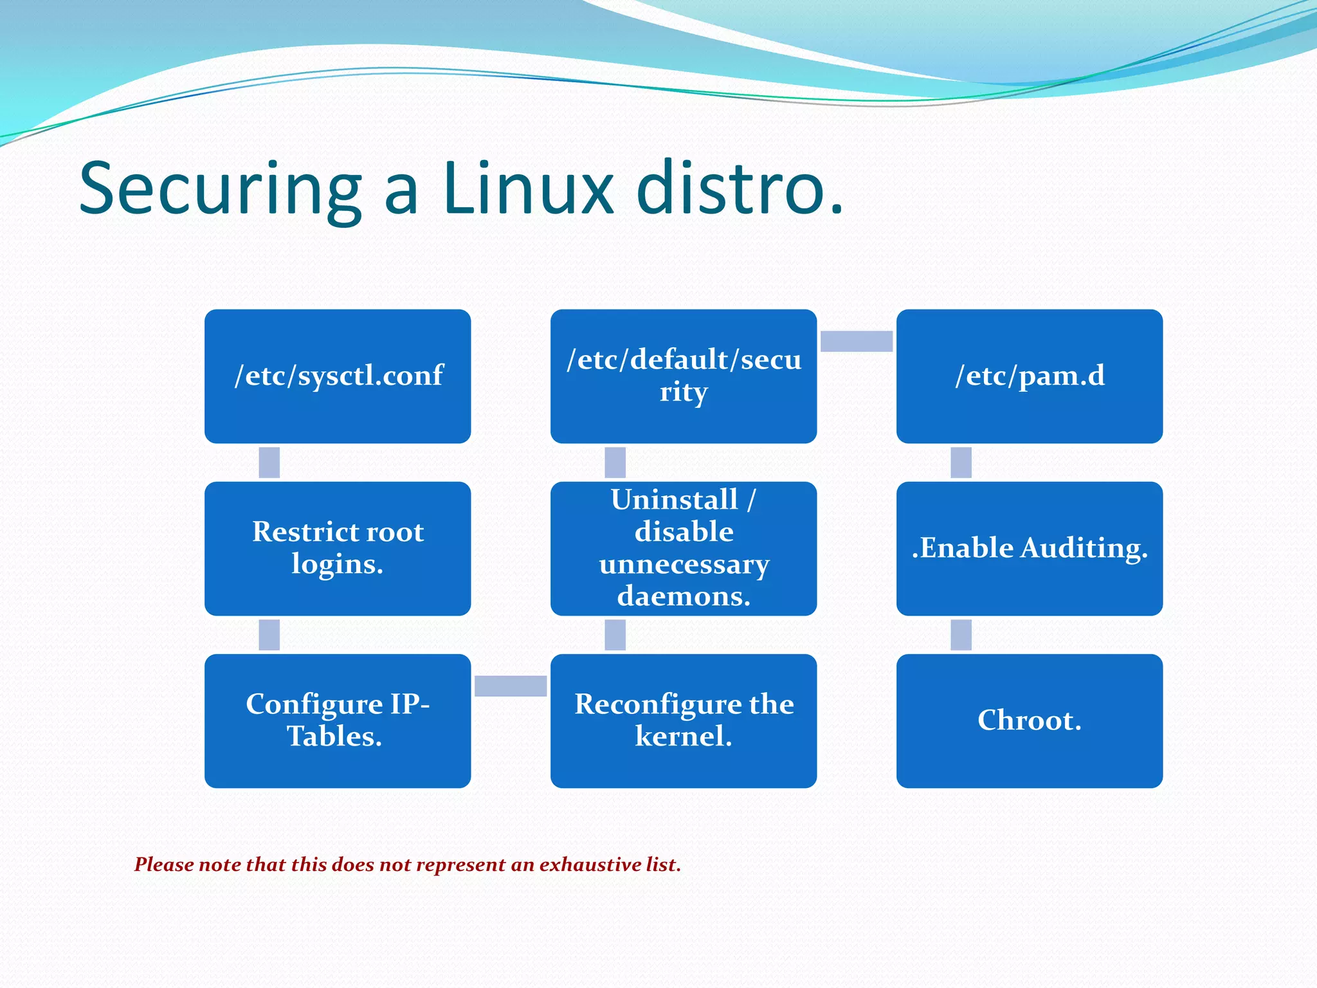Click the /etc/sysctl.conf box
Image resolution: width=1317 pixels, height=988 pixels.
click(x=338, y=376)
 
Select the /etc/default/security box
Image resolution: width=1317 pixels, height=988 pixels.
click(x=684, y=376)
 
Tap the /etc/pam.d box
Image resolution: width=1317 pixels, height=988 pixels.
click(x=1030, y=376)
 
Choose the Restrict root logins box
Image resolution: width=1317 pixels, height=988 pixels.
click(x=338, y=549)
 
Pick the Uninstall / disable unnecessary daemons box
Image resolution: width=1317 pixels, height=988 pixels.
click(x=684, y=549)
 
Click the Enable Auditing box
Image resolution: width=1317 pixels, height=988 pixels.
click(x=1030, y=549)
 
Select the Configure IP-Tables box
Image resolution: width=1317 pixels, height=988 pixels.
click(x=338, y=721)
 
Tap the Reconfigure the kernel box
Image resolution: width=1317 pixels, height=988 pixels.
click(x=684, y=721)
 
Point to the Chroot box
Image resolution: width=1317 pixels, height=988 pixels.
click(x=1030, y=721)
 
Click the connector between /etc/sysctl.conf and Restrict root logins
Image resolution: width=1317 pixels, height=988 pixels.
click(x=269, y=462)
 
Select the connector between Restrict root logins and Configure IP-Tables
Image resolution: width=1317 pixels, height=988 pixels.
click(x=269, y=635)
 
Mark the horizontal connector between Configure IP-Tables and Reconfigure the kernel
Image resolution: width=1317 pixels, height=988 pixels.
click(x=511, y=686)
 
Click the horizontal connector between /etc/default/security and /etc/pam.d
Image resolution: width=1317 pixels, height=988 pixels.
click(x=857, y=341)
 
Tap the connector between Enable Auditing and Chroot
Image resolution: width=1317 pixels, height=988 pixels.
click(x=961, y=635)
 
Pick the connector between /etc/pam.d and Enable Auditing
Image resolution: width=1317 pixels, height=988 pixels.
click(x=961, y=462)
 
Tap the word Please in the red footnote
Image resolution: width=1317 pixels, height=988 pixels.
click(x=164, y=864)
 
